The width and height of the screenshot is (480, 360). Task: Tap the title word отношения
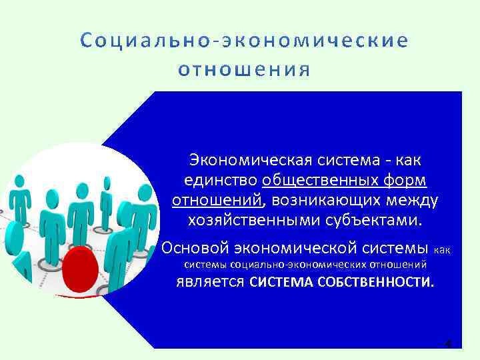coord(245,69)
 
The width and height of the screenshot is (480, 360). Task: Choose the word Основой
coord(195,248)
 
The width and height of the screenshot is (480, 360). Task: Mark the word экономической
coord(289,248)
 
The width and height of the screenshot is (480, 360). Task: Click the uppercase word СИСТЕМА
coord(280,282)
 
